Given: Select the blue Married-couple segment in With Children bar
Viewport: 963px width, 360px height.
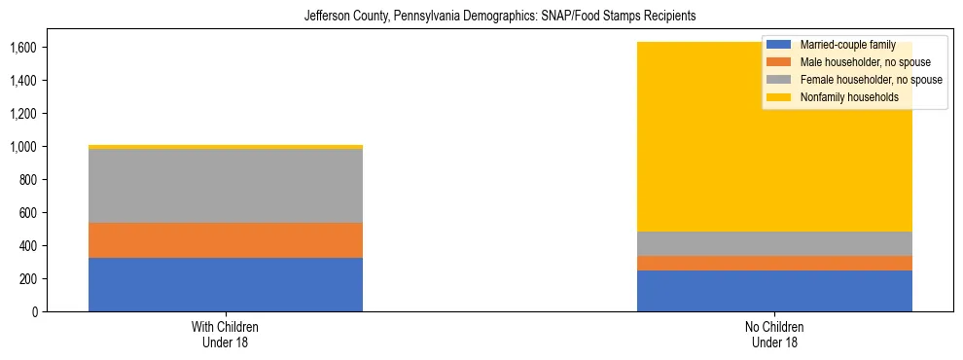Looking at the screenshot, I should [225, 284].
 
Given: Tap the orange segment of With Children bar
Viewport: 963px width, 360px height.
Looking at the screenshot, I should [225, 240].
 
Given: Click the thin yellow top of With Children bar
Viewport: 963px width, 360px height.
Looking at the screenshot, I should [225, 147].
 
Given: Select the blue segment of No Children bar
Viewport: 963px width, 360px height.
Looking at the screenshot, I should [774, 291].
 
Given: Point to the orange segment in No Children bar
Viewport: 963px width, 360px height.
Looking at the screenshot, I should [774, 263].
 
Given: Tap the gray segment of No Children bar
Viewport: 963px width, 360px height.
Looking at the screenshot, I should [774, 243].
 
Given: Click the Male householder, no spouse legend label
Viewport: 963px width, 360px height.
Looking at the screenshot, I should [852, 62].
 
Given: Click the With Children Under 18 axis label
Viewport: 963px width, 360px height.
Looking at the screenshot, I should [225, 334].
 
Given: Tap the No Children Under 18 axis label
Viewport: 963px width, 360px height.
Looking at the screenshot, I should [774, 334].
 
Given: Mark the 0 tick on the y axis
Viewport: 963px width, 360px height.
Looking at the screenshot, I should [35, 311].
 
